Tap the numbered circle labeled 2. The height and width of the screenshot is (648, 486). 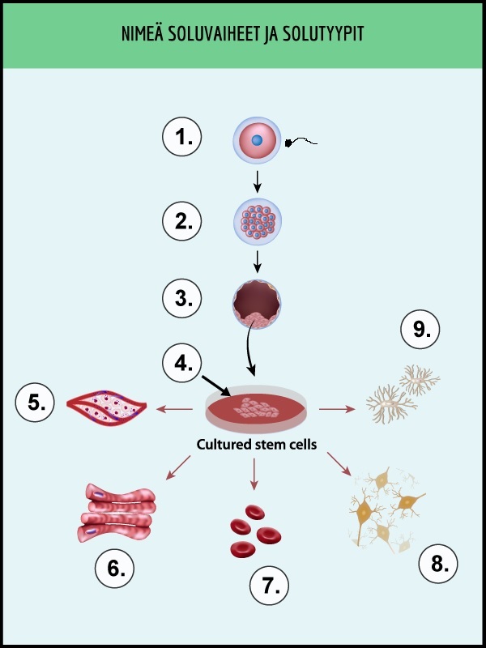(182, 220)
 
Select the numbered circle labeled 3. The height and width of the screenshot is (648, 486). (182, 298)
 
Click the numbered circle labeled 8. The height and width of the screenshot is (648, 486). (439, 563)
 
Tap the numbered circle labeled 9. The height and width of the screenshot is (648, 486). (420, 330)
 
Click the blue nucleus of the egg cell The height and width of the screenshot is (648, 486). (257, 141)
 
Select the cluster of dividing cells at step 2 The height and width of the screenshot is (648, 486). (257, 220)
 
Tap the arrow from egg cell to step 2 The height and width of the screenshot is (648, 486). (257, 181)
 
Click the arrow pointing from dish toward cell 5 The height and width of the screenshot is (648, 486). (175, 408)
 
